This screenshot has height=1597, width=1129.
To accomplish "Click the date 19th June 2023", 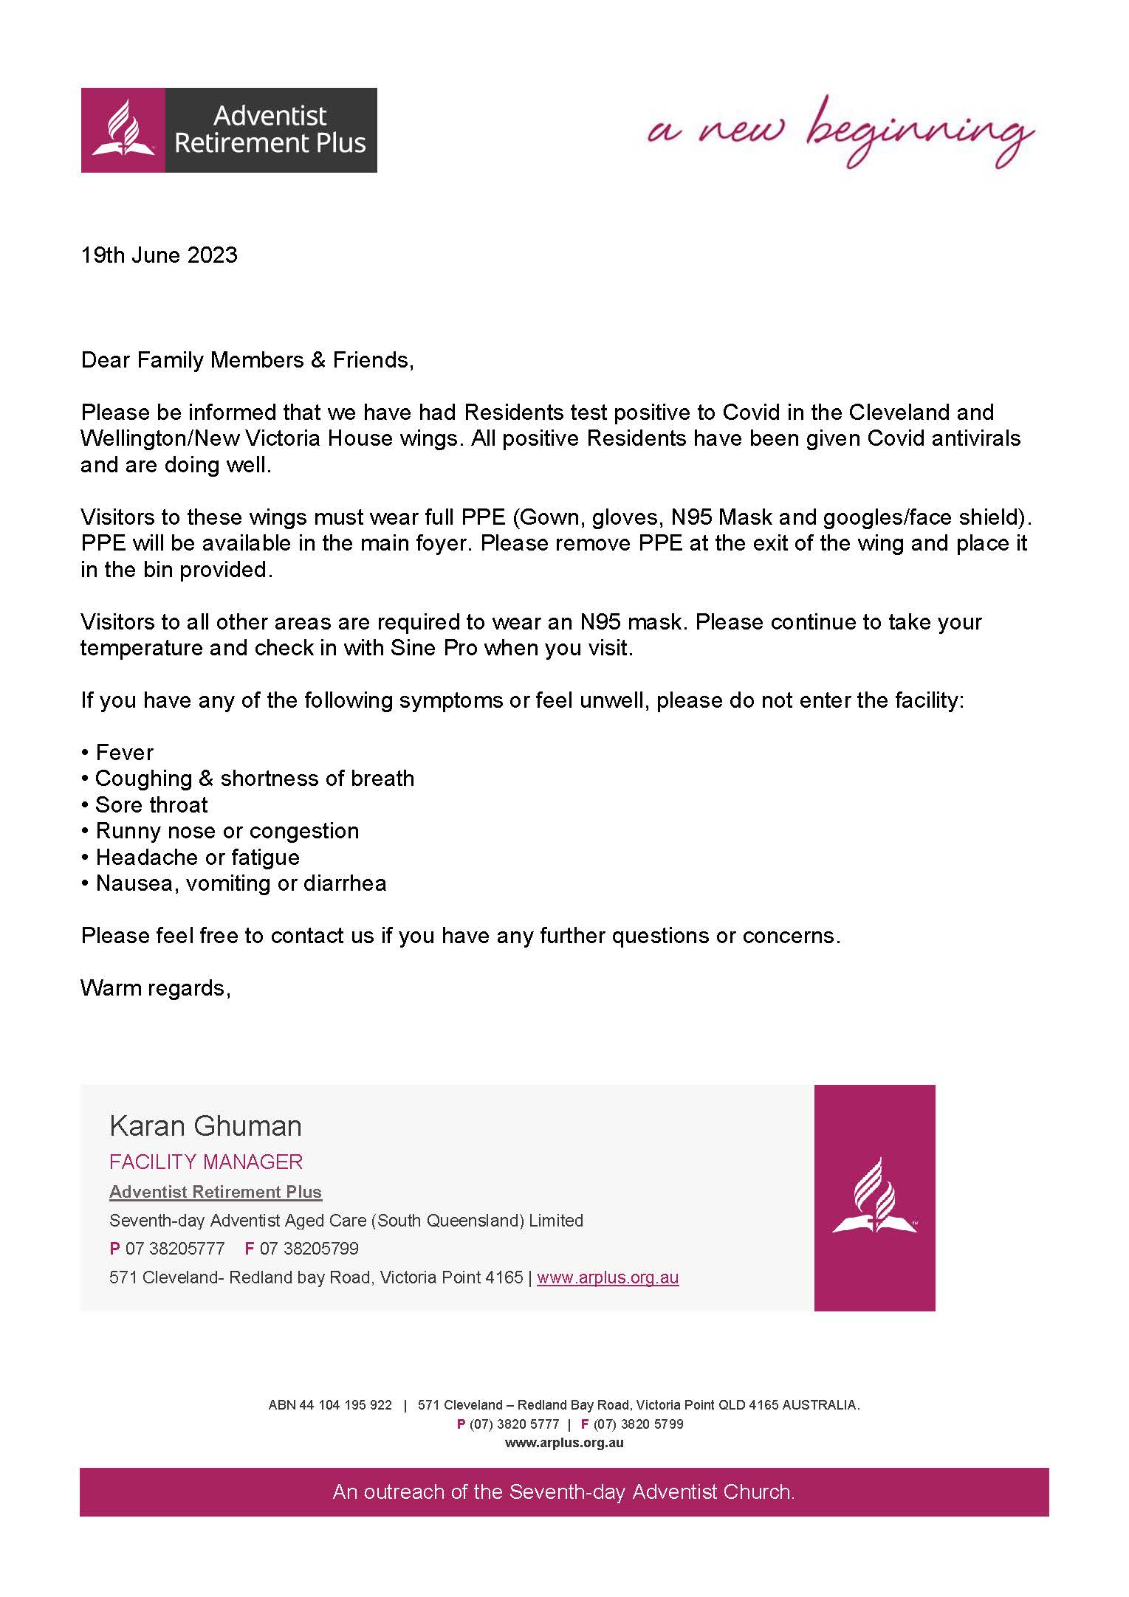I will (x=159, y=255).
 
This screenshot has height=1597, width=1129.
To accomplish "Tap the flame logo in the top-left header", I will (x=123, y=130).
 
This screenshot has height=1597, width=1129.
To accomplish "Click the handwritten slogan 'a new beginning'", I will (x=840, y=132).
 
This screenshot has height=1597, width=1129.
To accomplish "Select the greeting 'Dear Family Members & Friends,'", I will (x=247, y=360).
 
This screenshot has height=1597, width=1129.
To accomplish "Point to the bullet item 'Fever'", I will (x=124, y=753).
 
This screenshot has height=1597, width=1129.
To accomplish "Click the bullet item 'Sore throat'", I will (x=151, y=805).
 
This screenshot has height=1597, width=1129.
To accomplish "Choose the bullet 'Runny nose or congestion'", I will (x=227, y=831).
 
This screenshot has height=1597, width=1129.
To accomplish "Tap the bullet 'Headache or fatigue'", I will (x=197, y=858).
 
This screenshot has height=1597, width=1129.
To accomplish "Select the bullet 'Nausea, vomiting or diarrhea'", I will (x=241, y=883).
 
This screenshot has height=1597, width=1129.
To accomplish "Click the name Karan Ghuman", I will (x=205, y=1126).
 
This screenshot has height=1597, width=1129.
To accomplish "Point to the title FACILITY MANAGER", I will (x=206, y=1162).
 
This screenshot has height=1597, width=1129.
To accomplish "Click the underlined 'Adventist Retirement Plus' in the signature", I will (x=216, y=1192).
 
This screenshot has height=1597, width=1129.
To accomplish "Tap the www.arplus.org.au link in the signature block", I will (x=608, y=1277).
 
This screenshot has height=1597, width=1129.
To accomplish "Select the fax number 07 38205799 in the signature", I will (x=309, y=1249).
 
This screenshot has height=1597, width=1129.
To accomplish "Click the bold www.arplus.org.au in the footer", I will (x=564, y=1443).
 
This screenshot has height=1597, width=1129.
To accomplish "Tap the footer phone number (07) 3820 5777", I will (x=514, y=1424).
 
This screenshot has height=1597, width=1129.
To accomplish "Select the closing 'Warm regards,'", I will (x=156, y=988).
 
